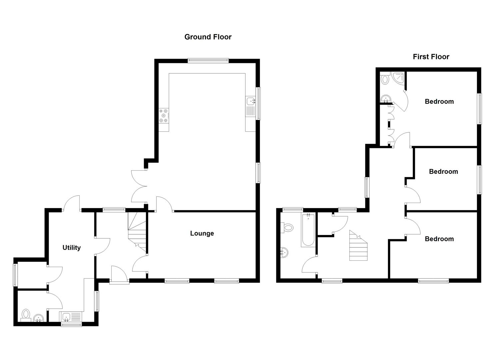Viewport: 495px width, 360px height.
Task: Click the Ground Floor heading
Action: pos(208,37)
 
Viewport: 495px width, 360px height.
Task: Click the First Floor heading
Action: pos(431,57)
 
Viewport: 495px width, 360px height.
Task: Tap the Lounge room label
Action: pos(202,233)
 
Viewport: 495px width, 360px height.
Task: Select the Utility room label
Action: pos(72,248)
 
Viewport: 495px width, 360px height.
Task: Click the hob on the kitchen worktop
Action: pos(164,115)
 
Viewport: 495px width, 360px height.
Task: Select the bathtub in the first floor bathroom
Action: pos(308,230)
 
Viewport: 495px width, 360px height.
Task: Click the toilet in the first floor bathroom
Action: pos(287,228)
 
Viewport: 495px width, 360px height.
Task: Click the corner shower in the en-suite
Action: pos(399,78)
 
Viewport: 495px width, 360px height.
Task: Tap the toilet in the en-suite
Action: pos(385,79)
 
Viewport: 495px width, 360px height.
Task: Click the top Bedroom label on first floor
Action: pos(439,102)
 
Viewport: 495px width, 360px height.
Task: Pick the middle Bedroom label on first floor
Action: pos(443,172)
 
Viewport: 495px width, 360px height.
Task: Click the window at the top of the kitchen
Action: pos(208,61)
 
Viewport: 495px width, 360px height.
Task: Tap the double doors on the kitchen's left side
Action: pos(139,187)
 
